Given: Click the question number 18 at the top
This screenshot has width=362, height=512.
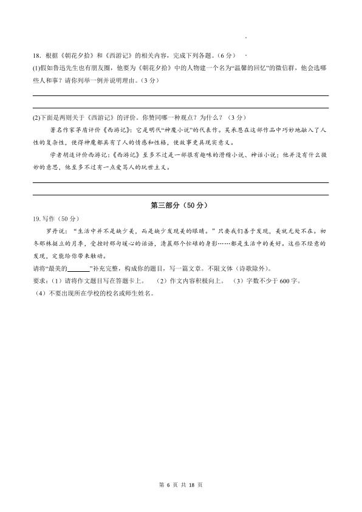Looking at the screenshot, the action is point(36,56).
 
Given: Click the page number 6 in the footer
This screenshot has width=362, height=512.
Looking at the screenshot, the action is point(171,484).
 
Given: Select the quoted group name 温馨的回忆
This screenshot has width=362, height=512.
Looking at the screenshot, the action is point(250,68).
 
